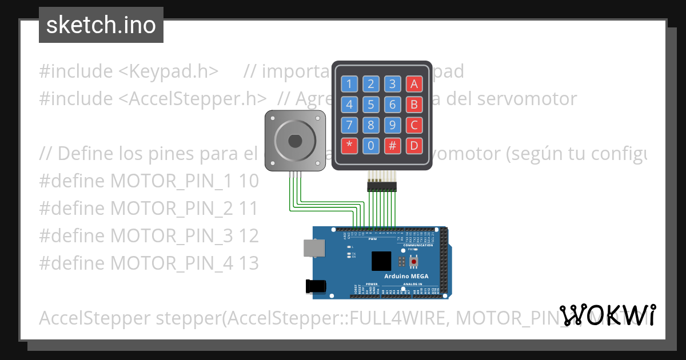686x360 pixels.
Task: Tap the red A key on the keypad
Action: pyautogui.click(x=414, y=85)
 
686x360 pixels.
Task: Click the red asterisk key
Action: pyautogui.click(x=349, y=146)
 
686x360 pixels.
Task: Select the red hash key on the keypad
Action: pyautogui.click(x=392, y=146)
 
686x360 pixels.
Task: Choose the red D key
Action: pyautogui.click(x=414, y=146)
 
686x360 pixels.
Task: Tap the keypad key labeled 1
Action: pyautogui.click(x=349, y=85)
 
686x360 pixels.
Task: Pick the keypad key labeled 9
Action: pyautogui.click(x=392, y=125)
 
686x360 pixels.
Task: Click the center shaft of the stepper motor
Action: pyautogui.click(x=295, y=140)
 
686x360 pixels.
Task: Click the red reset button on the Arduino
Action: pyautogui.click(x=414, y=262)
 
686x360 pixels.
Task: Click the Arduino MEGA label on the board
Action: pyautogui.click(x=406, y=277)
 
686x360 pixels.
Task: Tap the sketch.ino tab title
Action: pyautogui.click(x=101, y=25)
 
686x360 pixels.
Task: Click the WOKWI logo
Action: pyautogui.click(x=607, y=315)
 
